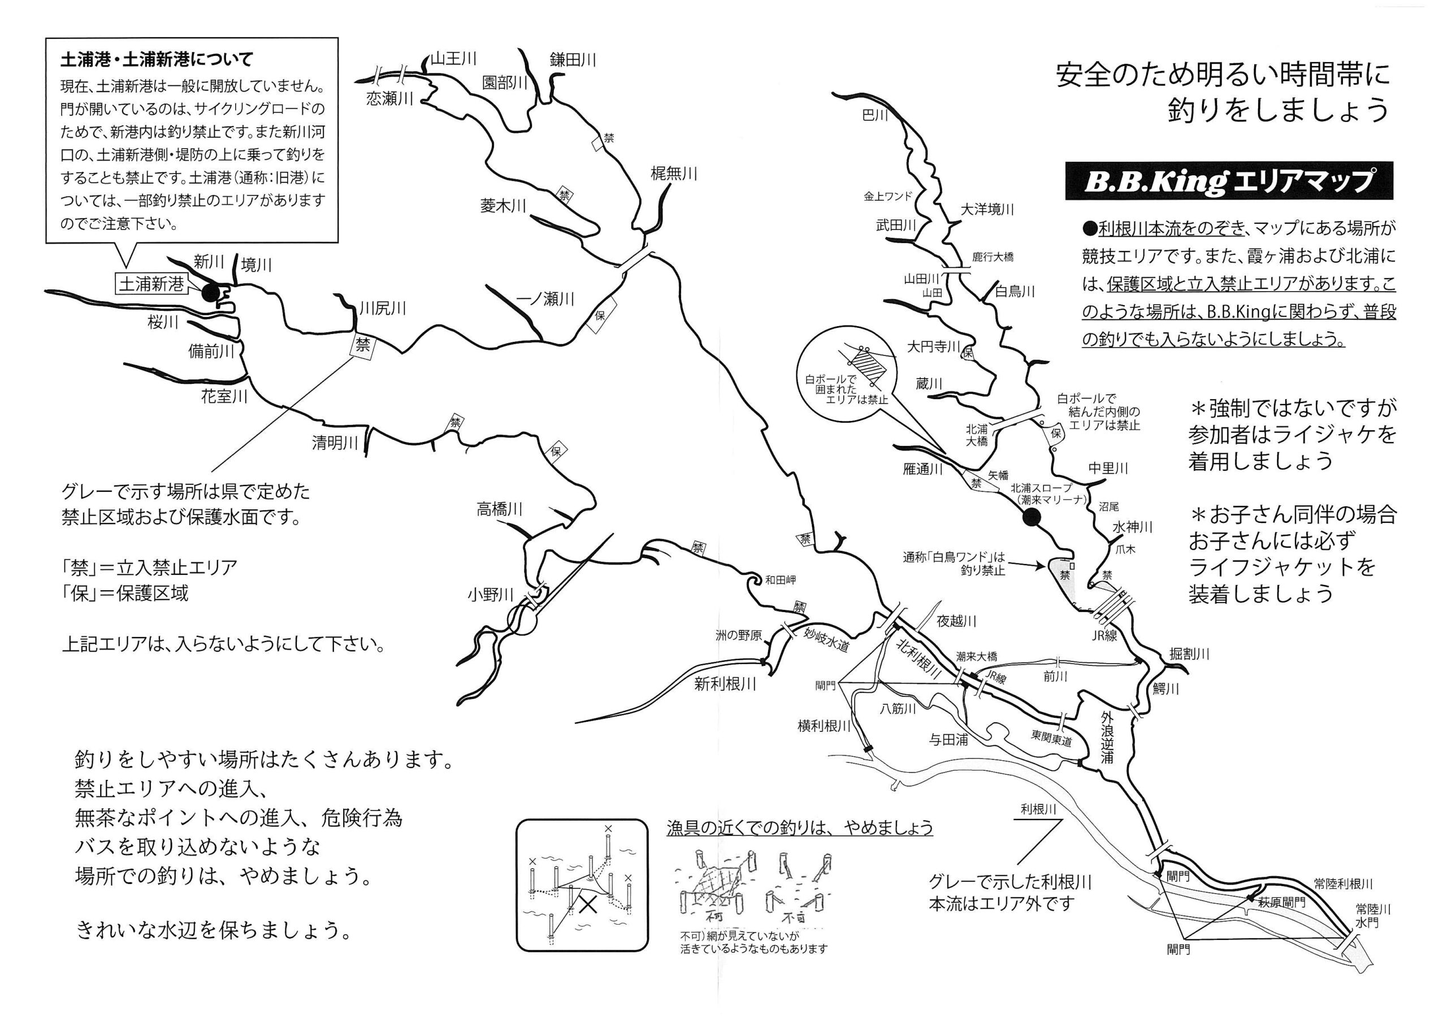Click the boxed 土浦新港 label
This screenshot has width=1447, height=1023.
tap(151, 284)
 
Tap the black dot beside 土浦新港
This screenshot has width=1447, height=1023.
tap(209, 292)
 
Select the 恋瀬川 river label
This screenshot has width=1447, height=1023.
tap(389, 98)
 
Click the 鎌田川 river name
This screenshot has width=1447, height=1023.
tap(573, 60)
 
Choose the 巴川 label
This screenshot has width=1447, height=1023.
tap(876, 115)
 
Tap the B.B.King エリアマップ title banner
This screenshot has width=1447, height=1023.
tap(1228, 181)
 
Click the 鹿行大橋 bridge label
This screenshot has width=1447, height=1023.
tap(993, 257)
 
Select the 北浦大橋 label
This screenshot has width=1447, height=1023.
tap(977, 436)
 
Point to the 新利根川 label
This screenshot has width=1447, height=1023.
tap(725, 684)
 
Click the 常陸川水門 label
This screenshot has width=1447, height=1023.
tap(1374, 916)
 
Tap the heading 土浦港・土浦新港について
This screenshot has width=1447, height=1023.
tap(157, 60)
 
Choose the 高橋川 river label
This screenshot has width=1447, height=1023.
tap(500, 509)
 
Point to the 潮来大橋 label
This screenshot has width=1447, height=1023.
tap(977, 656)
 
